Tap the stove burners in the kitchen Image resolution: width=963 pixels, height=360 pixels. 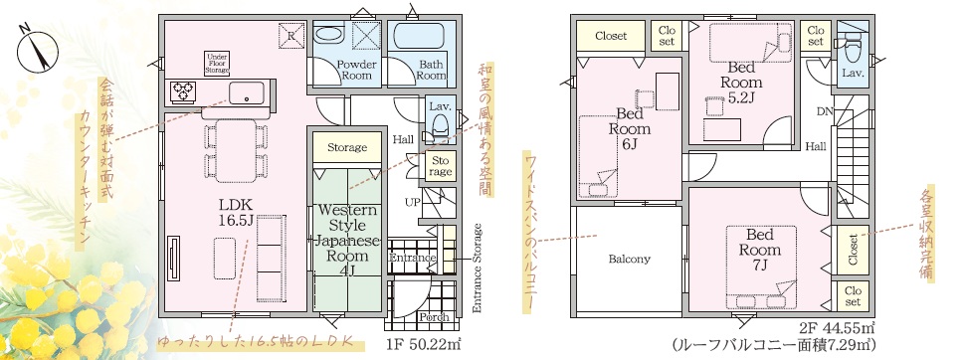[x=183, y=91]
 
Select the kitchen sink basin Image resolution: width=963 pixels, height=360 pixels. [x=247, y=93]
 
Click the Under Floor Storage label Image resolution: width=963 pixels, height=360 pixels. [x=218, y=64]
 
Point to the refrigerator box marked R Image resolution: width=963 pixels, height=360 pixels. [x=291, y=35]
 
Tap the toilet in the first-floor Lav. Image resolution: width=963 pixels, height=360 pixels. [x=440, y=125]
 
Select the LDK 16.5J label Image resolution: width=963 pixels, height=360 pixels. [x=234, y=212]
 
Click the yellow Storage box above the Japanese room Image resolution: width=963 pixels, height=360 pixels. [x=346, y=147]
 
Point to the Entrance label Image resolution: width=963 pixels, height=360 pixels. [x=412, y=258]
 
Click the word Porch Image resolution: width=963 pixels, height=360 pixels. [x=435, y=317]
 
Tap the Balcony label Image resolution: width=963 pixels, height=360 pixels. [x=629, y=259]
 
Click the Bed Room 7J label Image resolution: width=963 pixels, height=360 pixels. [x=760, y=250]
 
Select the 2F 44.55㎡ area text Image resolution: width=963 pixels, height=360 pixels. [x=836, y=327]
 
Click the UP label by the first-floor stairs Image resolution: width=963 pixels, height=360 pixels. [x=412, y=202]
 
